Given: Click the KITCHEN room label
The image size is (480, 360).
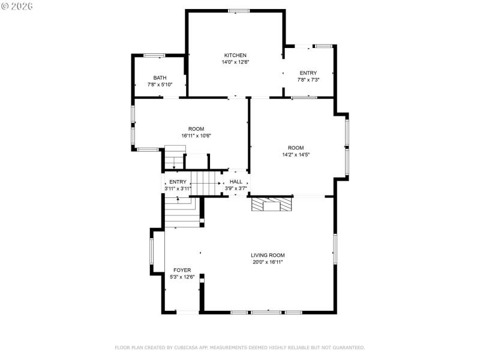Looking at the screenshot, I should pos(235,55).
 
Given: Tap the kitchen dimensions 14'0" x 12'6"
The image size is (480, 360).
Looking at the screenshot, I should pos(235,62).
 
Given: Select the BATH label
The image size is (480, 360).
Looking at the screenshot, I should pos(160,77).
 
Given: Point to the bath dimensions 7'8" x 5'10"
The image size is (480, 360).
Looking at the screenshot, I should pos(160,85).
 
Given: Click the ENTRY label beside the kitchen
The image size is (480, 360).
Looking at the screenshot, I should pos(308,73).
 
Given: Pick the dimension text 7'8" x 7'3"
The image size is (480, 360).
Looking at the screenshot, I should pos(308,80).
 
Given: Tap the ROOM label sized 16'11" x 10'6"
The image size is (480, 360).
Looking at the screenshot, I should pos(196,129).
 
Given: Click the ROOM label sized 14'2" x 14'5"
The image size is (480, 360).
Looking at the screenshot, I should pos(296,148).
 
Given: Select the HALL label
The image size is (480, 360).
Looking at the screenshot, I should pos(236,181).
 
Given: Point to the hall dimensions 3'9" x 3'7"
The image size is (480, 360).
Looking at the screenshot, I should pos(236,188).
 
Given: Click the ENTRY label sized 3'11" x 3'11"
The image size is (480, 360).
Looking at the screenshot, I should pos(178,182).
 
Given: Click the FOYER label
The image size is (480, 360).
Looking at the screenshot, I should pos(182,270).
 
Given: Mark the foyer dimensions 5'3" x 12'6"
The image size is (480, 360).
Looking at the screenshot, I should pos(182,277).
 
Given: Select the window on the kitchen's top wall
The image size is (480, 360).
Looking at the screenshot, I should pos(239,11).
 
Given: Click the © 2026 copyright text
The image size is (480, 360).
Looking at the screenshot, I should pos(17,6).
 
